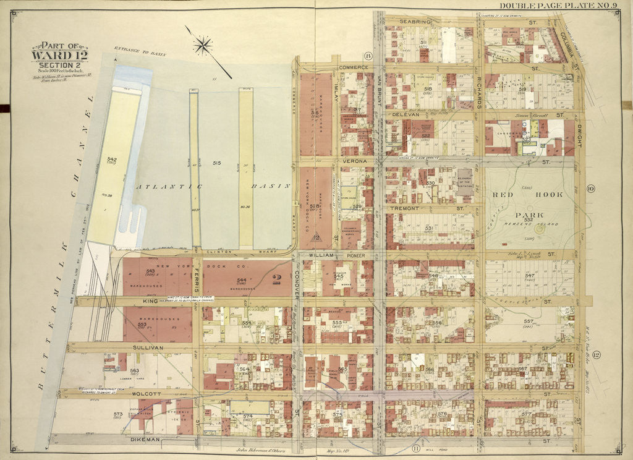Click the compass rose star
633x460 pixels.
tap(203, 45)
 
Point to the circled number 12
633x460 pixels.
tap(596, 354)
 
